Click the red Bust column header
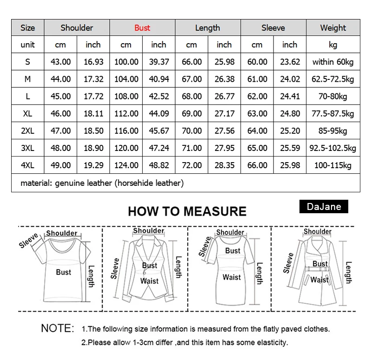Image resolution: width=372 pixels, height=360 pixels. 142,28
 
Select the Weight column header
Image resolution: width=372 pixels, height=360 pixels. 333,28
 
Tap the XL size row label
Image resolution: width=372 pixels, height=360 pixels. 28,114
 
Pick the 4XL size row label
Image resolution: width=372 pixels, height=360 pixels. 28,165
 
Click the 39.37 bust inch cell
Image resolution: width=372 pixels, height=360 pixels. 159,62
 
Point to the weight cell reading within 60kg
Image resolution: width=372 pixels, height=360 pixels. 333,62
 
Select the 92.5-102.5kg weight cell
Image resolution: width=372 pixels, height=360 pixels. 333,148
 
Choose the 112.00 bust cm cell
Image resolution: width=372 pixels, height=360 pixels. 126,114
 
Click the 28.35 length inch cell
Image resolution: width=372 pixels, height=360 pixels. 224,165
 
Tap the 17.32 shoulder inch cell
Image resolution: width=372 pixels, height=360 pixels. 93,79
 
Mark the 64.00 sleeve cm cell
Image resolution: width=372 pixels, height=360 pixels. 257,131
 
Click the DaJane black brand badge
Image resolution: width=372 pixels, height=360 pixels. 324,206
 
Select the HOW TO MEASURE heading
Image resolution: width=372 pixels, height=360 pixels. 187,211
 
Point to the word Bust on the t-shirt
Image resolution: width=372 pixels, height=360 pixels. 63,272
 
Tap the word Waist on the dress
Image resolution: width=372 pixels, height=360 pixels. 232,277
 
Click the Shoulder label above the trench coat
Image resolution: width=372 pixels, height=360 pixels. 318,231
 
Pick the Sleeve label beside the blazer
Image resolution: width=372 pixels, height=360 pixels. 115,268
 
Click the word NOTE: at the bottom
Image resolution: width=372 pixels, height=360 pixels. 58,328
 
